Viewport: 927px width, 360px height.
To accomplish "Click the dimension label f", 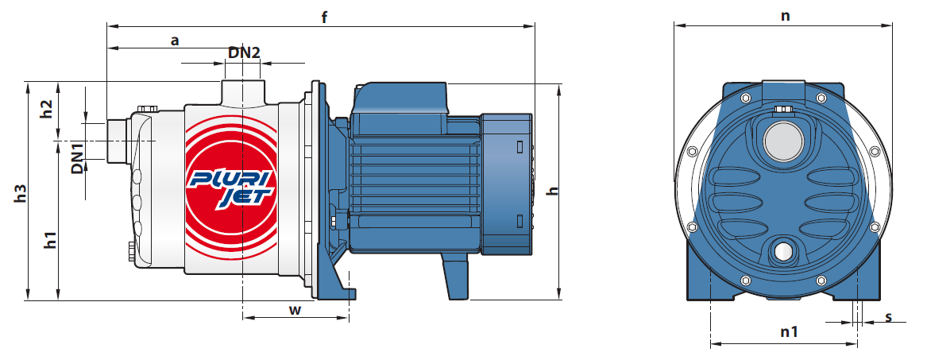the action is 324,17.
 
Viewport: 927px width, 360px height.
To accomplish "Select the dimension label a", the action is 175,41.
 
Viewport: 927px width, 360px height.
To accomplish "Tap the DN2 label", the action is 244,52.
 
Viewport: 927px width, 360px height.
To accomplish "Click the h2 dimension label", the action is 46,110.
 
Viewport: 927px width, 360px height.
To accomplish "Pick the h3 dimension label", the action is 20,193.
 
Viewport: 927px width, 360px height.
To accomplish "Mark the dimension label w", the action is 295,310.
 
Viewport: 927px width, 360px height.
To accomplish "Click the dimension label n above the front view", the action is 785,16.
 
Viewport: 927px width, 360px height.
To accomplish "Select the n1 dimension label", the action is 789,332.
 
